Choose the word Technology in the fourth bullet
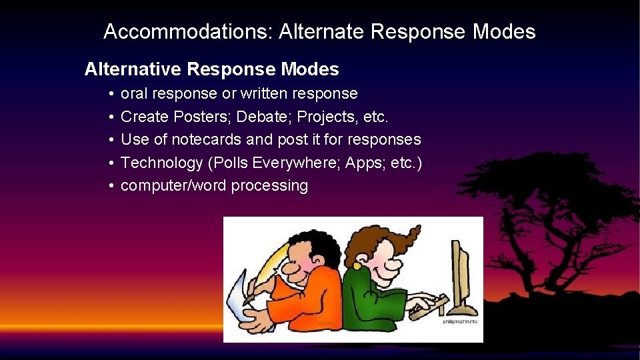point(163,163)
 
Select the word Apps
point(363,163)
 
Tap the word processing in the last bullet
point(269,186)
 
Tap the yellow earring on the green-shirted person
point(357,266)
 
